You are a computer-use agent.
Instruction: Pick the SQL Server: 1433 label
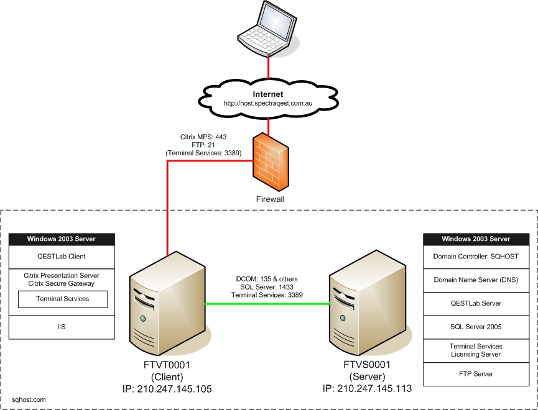click(268, 287)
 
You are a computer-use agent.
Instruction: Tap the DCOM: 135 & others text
click(268, 279)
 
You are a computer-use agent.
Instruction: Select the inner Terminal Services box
click(63, 299)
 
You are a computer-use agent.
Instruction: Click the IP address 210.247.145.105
click(167, 389)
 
